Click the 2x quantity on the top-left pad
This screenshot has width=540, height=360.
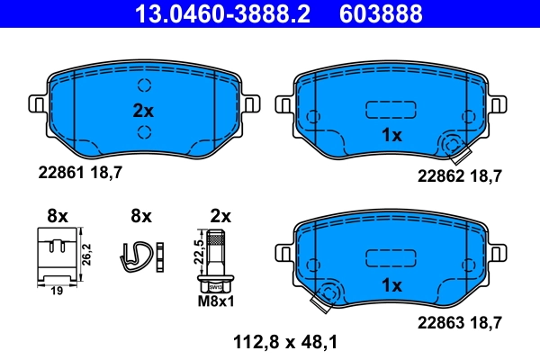[144, 112]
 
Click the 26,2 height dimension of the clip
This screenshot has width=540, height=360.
[86, 253]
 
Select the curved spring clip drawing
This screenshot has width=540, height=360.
[140, 255]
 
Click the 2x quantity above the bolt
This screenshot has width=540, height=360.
[220, 216]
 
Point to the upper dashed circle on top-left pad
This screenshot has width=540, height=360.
[144, 86]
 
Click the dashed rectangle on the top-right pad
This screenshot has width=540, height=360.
[386, 110]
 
